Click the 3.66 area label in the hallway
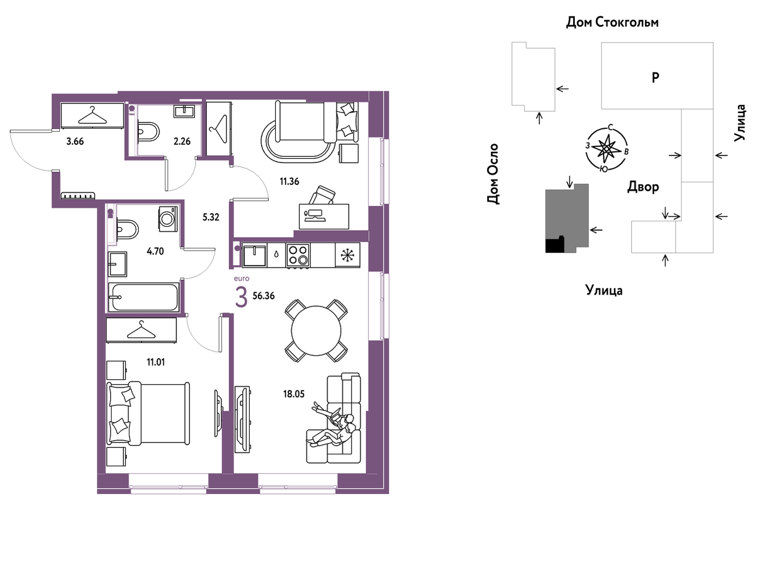coord(75,141)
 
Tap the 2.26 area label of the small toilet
coord(182,141)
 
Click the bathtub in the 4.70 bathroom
coord(143,297)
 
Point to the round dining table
coord(316,331)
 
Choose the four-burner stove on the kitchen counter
coord(298,256)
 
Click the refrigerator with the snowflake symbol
coord(348,255)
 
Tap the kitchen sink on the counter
coord(254,256)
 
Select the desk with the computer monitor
coord(324,217)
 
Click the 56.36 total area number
coord(264,296)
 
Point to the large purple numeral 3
coord(241,298)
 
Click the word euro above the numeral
coord(242,279)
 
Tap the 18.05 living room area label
coord(294,394)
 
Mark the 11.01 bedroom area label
coord(156,362)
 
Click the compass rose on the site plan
coord(606,149)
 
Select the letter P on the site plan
coord(655,78)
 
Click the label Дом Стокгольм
coord(612,22)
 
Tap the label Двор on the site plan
coord(643,187)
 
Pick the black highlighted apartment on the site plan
coord(555,245)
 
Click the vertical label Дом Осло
coord(493,174)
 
